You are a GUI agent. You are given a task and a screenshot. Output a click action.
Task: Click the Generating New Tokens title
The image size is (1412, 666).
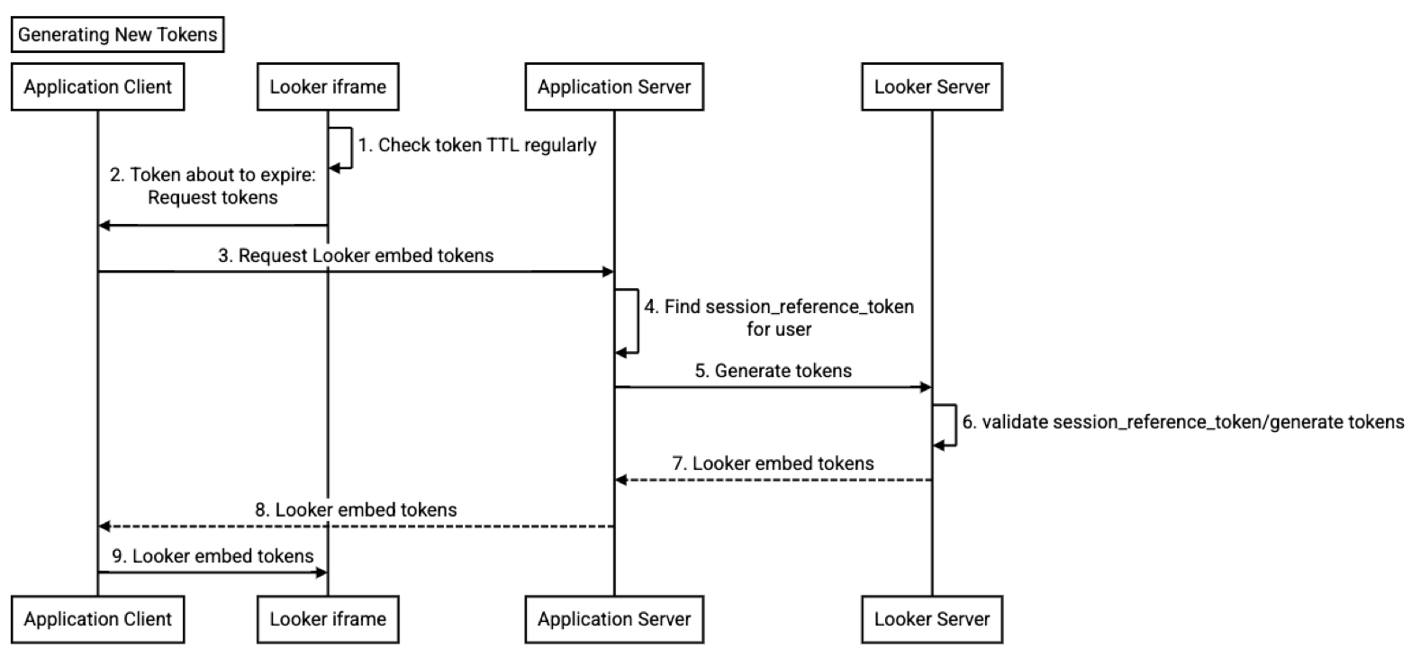click(x=118, y=35)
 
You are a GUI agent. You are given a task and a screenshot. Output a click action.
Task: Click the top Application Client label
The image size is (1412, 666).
click(x=98, y=87)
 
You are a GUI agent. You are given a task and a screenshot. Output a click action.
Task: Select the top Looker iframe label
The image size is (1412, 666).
click(x=328, y=87)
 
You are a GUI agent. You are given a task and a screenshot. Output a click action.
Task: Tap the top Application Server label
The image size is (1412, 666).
click(x=614, y=87)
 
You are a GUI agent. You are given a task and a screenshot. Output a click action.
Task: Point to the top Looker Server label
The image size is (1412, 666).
click(x=932, y=87)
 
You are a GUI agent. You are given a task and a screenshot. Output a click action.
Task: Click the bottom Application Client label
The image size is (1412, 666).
click(x=98, y=619)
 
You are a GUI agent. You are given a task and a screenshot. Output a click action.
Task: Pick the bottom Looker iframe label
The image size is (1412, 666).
click(x=328, y=619)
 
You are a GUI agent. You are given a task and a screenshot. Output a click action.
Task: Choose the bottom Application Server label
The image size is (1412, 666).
click(x=614, y=619)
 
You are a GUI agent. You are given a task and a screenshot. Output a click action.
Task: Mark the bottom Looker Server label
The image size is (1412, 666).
click(x=932, y=619)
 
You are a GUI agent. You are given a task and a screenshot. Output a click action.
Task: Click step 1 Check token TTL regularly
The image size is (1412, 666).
click(x=477, y=145)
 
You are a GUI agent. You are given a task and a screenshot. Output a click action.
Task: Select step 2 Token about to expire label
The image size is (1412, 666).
click(x=213, y=186)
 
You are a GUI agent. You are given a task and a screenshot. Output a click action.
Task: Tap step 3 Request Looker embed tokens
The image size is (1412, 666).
click(x=356, y=256)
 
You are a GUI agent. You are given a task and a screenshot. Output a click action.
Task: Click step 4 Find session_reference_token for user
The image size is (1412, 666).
click(x=779, y=318)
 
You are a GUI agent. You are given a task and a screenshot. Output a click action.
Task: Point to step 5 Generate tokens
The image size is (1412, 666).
click(x=773, y=371)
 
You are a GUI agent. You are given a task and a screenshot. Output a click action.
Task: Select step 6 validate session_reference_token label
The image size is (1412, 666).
click(x=1183, y=422)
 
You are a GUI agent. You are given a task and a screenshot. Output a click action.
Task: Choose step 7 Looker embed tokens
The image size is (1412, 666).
click(x=774, y=463)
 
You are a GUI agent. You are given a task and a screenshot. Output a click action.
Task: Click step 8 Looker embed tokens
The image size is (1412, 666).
click(x=356, y=510)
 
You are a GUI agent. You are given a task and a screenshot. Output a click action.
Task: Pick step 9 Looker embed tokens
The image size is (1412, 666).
click(x=213, y=556)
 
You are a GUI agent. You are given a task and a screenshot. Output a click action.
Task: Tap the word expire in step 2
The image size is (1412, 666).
click(x=286, y=175)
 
